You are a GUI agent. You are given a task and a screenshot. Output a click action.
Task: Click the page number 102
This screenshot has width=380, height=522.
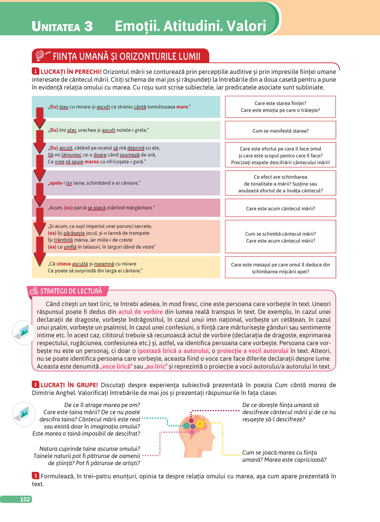pos(25,499)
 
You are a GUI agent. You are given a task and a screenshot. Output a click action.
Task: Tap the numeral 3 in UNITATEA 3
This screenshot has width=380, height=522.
pos(88,26)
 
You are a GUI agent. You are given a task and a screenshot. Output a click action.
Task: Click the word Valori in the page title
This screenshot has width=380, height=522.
pos(246,26)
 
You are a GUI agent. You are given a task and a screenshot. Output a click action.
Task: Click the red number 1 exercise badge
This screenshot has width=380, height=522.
pos(35,71)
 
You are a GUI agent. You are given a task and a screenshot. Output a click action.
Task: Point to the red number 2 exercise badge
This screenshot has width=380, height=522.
pos(35,384)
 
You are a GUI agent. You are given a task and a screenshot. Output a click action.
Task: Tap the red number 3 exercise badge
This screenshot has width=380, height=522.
pos(35,476)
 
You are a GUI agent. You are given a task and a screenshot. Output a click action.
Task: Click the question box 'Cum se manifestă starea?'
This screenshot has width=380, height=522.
pos(280,130)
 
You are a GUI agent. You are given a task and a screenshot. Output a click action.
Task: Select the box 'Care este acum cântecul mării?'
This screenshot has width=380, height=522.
pos(280,208)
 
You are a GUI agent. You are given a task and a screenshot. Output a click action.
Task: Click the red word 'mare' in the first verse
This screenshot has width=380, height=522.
pos(182,107)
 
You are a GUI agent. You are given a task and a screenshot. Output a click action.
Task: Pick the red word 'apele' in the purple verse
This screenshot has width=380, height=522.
pos(55,183)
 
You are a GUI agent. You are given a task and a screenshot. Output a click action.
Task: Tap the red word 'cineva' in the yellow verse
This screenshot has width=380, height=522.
pos(63,263)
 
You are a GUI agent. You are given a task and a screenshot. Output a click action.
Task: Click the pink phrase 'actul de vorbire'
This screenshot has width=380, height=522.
pos(140,312)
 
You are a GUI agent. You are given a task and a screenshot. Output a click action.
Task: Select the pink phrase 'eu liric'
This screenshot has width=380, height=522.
pos(156,367)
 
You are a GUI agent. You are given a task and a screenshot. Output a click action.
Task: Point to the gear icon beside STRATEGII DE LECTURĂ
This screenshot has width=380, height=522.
pos(34,291)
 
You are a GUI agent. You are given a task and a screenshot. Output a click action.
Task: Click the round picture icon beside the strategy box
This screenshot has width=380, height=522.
pos(24,332)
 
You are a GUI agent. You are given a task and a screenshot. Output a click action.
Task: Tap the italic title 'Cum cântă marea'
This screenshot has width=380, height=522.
pos(300,385)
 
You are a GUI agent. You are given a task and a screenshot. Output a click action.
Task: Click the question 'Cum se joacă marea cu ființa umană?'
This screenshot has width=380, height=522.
pos(284,456)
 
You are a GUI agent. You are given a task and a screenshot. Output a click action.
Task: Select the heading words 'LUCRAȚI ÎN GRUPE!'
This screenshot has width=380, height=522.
pos(69,385)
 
